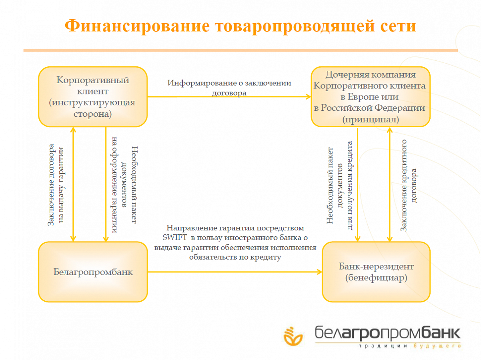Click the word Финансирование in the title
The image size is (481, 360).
(x=137, y=26)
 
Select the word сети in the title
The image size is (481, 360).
(x=398, y=26)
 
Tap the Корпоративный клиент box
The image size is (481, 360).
(x=93, y=97)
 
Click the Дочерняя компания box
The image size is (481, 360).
(x=371, y=97)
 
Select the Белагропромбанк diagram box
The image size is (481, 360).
(x=93, y=272)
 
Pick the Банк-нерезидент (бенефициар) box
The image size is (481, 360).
(x=376, y=272)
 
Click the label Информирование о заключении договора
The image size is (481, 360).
(x=229, y=88)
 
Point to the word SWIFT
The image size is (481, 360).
(x=174, y=237)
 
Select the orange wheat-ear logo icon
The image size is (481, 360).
(x=293, y=336)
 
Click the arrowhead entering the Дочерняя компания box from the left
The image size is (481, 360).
(x=309, y=96)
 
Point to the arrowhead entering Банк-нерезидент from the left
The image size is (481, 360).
(x=320, y=272)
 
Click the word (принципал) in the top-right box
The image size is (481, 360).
(x=371, y=119)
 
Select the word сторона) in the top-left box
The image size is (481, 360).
(x=93, y=114)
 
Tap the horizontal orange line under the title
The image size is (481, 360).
(x=240, y=50)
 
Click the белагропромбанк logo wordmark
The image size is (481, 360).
(x=387, y=334)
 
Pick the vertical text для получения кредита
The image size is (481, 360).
(x=350, y=185)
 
